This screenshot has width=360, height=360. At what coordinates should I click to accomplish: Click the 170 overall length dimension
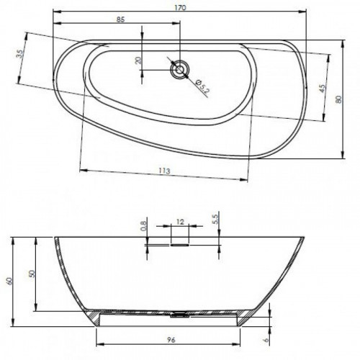coord(180,8)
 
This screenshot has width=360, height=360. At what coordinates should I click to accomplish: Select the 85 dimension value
coord(121,19)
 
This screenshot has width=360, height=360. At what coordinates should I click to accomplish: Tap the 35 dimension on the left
coord(20,54)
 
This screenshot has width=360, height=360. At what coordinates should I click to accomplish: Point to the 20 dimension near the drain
coord(138,60)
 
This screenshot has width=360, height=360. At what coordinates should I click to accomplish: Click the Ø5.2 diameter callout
coord(202,86)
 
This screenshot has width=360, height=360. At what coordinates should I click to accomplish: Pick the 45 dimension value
coord(323,89)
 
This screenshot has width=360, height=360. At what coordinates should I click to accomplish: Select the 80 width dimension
coord(338,99)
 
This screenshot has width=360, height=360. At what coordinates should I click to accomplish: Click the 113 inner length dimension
coord(164,171)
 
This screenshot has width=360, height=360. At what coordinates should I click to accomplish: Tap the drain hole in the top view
coord(179,70)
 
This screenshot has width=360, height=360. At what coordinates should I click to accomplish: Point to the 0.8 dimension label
coord(143,226)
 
